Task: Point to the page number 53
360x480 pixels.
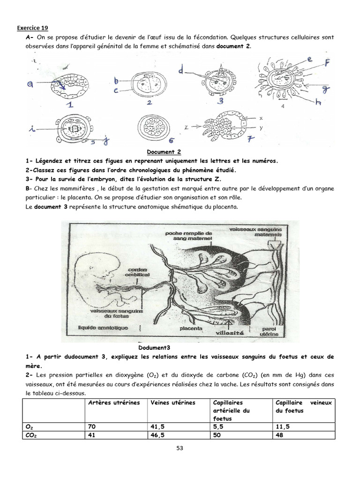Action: click(180, 448)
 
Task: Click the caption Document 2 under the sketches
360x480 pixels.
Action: click(164, 152)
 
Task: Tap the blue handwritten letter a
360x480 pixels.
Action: click(30, 84)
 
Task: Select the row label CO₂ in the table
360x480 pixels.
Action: click(31, 435)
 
